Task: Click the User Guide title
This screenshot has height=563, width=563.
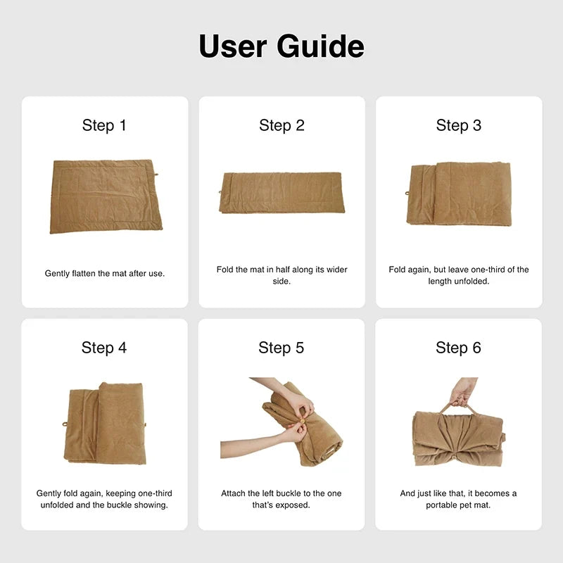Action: point(281,46)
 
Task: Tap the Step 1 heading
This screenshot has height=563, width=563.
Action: point(104,125)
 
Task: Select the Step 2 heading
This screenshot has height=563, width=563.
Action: point(282,125)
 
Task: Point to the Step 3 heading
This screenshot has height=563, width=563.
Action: point(459,125)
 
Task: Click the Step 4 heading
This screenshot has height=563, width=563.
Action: point(104,348)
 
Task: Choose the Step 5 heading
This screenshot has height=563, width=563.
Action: point(281,348)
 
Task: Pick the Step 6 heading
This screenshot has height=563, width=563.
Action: point(458,348)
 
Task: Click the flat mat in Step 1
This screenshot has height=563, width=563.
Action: point(106,196)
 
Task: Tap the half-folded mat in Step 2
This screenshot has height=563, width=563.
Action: point(282,192)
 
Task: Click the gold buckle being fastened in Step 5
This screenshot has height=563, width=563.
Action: point(303,421)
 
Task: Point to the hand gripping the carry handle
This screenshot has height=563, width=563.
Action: point(463,392)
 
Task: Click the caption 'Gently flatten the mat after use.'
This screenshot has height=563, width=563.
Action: point(105,273)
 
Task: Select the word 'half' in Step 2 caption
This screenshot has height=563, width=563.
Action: point(283,270)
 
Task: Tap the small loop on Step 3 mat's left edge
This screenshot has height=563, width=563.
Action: point(407,193)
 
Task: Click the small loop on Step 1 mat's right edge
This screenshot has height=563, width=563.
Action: point(156,175)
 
